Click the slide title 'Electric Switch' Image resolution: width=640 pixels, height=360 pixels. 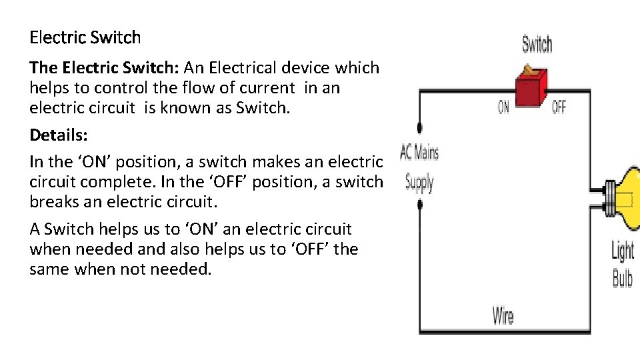(85, 37)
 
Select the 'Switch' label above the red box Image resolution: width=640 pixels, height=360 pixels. (537, 45)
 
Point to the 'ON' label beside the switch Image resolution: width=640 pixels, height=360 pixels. (504, 107)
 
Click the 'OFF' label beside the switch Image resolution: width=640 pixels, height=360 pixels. (559, 107)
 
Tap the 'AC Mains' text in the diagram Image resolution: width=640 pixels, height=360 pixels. (419, 153)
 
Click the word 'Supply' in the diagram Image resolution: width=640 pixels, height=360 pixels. (419, 182)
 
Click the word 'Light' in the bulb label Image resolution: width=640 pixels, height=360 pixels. (623, 251)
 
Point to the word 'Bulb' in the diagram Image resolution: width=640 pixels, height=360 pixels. (622, 277)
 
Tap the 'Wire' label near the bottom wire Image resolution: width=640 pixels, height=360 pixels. (503, 315)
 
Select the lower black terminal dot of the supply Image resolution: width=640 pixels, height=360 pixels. (419, 205)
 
